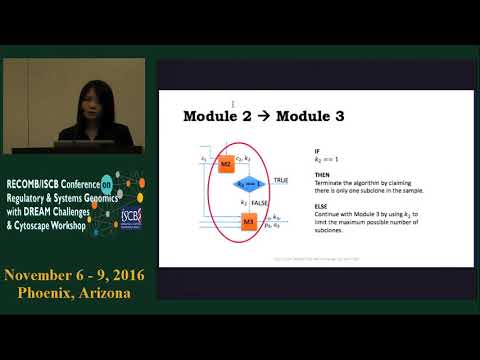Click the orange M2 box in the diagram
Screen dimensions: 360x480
pyautogui.click(x=226, y=163)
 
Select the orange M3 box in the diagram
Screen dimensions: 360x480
pyautogui.click(x=249, y=222)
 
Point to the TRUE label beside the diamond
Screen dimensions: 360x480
pyautogui.click(x=281, y=179)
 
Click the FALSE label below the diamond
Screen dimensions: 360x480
pyautogui.click(x=264, y=201)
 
